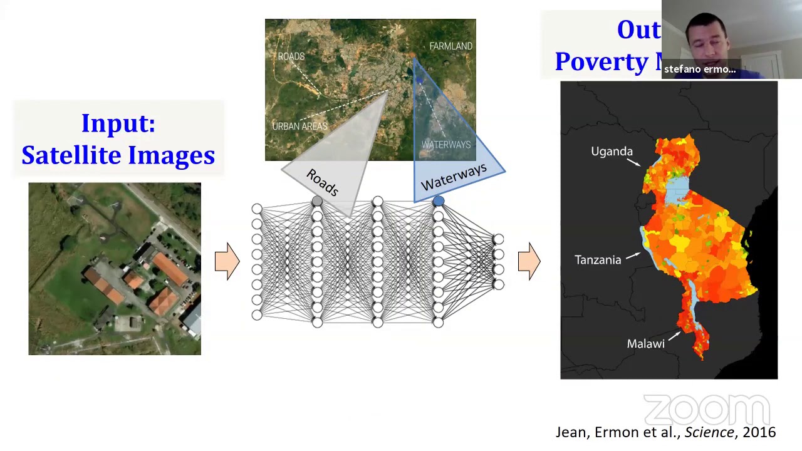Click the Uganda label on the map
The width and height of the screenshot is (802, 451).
coord(612,152)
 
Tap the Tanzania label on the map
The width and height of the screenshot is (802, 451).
coord(598,260)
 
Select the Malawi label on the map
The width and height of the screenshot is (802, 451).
coord(645,344)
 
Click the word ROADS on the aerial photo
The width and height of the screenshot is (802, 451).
coord(291,56)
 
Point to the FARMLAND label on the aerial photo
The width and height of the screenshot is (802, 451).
coord(450,46)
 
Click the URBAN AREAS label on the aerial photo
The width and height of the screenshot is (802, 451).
coord(299,127)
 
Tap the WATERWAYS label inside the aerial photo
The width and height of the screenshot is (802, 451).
coord(445,145)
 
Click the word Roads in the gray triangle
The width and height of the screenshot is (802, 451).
coord(323,182)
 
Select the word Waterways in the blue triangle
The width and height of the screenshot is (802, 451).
coord(454,177)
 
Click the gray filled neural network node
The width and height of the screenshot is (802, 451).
coord(317,201)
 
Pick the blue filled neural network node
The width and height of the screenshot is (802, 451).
coord(438,201)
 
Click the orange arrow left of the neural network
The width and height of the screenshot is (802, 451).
coord(227,261)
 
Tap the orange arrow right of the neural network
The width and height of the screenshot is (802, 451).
coord(529,261)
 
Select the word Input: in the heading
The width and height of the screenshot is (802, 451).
coord(118,123)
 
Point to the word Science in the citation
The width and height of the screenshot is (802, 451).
coord(709,432)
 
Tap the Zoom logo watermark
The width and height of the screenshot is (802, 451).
coord(706,410)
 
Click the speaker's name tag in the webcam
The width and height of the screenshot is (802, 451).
coord(700,70)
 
